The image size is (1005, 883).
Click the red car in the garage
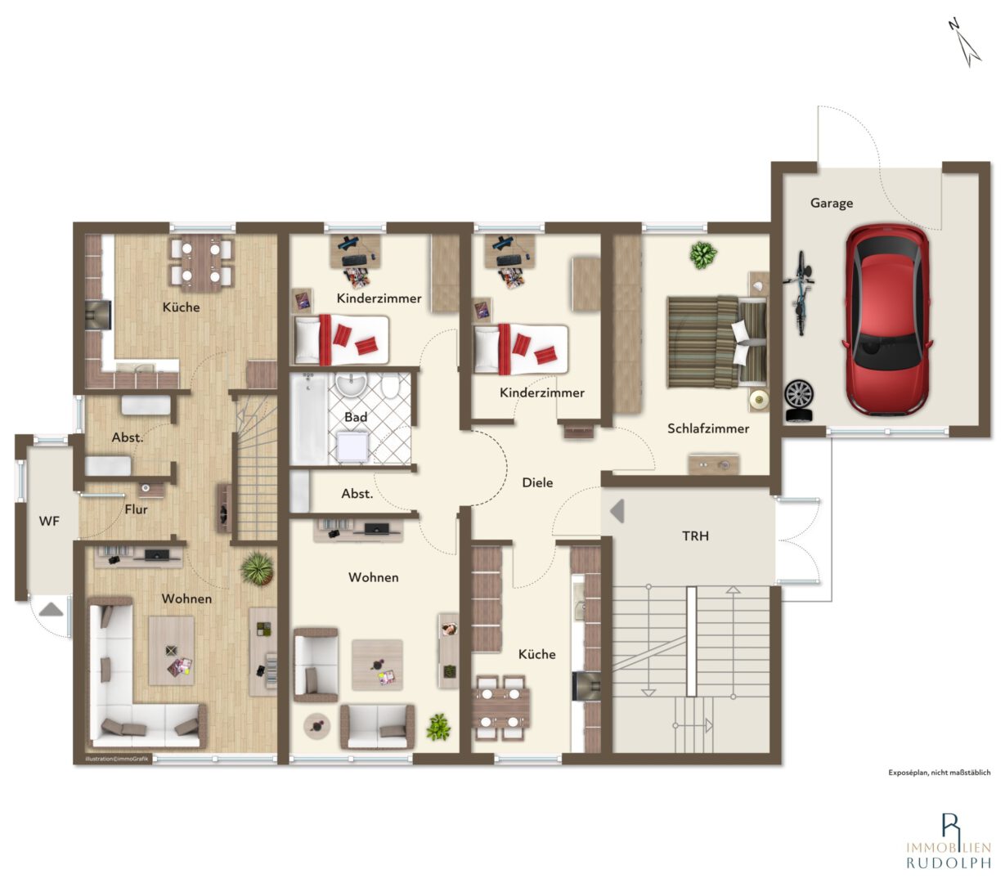pos(887,319)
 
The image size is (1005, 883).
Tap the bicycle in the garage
pos(801,293)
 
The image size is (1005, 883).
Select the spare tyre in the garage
pos(797,398)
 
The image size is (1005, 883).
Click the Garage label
pos(831,203)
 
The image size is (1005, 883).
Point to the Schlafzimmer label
pos(707,428)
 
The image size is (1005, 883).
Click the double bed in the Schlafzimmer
pos(716,342)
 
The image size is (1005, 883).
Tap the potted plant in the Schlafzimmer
pos(702,255)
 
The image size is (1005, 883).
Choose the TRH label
pos(695,536)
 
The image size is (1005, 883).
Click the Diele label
pos(537,482)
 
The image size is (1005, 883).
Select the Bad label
pos(355,417)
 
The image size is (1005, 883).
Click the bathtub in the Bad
pos(308,419)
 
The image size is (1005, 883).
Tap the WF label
pos(49,521)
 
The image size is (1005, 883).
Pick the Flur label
pos(136,509)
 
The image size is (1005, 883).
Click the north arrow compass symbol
pos(965,43)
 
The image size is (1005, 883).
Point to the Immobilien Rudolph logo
pos(949,842)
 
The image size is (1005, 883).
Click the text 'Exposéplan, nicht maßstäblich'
pos(939,773)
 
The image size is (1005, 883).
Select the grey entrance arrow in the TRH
pos(617,511)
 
